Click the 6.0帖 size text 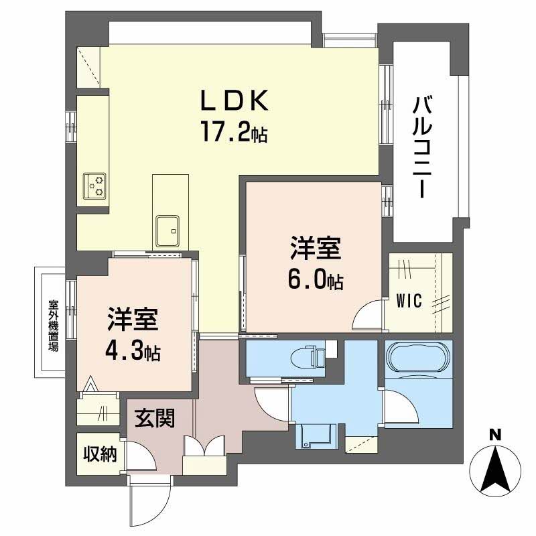pyautogui.click(x=316, y=281)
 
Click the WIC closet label pyautogui.click(x=409, y=301)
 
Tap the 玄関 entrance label pyautogui.click(x=155, y=419)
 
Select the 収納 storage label pyautogui.click(x=100, y=455)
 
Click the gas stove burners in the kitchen pyautogui.click(x=95, y=185)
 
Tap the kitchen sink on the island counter pyautogui.click(x=167, y=230)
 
